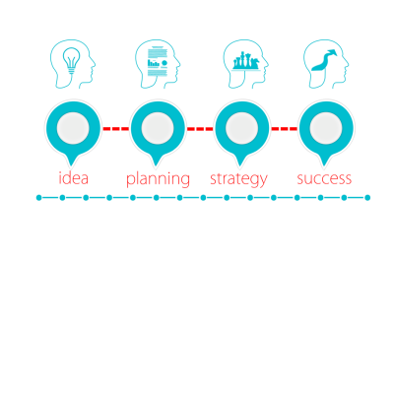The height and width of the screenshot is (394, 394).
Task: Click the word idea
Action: (x=74, y=178)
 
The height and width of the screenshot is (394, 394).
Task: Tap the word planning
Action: (x=158, y=179)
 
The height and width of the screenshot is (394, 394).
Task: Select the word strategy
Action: (x=238, y=179)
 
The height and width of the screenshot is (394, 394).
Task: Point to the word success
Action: (x=324, y=179)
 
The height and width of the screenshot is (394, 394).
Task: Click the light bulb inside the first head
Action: (x=72, y=61)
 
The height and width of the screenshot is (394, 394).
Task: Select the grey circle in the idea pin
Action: (x=73, y=128)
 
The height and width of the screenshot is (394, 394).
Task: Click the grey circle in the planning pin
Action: (x=158, y=128)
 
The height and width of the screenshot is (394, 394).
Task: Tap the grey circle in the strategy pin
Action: (x=241, y=128)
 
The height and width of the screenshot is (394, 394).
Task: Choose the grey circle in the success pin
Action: (x=326, y=128)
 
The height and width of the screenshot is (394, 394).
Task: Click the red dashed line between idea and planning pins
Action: (x=115, y=129)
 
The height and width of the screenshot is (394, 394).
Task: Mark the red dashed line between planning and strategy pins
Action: (x=200, y=129)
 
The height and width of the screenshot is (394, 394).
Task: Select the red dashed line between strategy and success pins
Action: (x=284, y=129)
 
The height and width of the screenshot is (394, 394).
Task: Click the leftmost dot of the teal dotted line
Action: (x=38, y=198)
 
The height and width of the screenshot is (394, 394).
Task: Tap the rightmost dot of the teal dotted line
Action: (x=367, y=198)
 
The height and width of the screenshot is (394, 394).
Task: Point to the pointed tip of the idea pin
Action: (x=72, y=165)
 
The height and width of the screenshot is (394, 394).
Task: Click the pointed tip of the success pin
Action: (x=324, y=165)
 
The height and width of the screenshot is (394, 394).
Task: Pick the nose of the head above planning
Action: (x=179, y=64)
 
